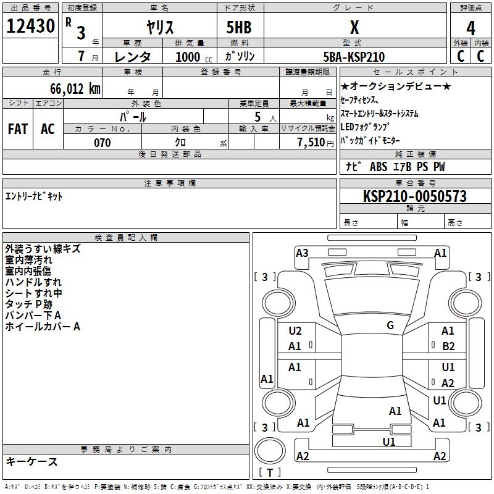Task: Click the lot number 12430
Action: point(30,26)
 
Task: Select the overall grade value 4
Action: point(471,28)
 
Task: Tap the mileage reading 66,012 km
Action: point(75,88)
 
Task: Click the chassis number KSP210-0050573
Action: point(415,196)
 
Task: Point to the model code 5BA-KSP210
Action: point(354,57)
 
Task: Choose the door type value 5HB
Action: point(239,27)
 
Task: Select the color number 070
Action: point(103,143)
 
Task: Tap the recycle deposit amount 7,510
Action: point(311,143)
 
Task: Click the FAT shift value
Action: point(18,129)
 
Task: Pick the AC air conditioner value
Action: point(48,129)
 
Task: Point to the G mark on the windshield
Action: point(390,325)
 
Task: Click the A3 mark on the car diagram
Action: point(302,253)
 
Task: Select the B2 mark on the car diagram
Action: point(448,346)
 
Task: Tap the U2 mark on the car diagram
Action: point(295,331)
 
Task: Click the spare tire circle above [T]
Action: point(270,451)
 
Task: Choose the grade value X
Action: point(354,27)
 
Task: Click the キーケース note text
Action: point(31,461)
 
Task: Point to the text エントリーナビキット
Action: point(34,196)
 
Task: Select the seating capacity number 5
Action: point(257,117)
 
